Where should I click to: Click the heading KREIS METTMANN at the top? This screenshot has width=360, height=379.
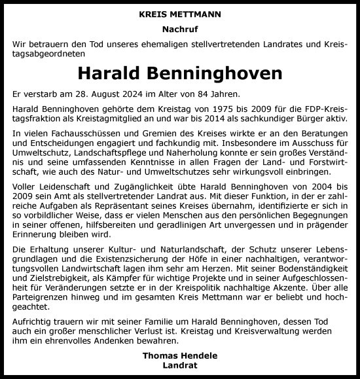tap(180, 12)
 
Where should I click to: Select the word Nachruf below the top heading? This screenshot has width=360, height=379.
tap(180, 29)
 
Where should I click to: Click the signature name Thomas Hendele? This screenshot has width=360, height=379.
tap(180, 355)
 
